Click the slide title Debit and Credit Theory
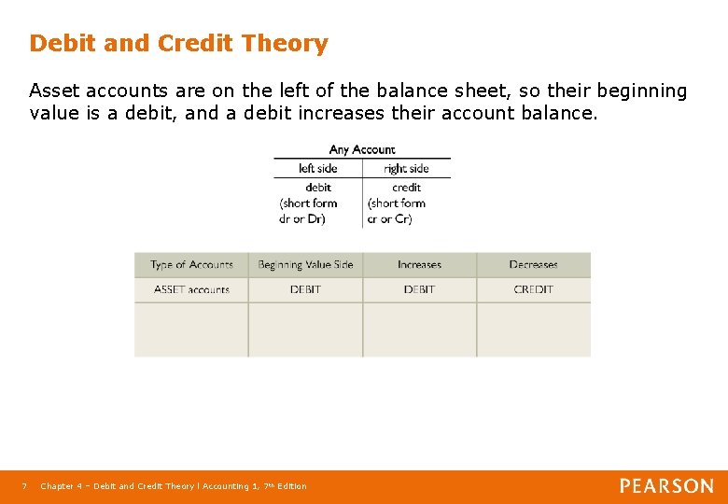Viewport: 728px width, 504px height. (178, 44)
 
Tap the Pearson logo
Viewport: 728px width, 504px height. (666, 486)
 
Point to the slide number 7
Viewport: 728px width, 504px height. (25, 486)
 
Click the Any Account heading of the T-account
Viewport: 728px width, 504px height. (362, 149)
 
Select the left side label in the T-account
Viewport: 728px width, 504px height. (317, 169)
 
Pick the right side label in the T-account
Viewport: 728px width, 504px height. (406, 169)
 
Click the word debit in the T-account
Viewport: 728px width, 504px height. (318, 188)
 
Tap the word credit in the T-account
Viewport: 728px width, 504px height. (406, 188)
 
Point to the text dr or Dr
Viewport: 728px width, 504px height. (306, 219)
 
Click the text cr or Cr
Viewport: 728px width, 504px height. (389, 219)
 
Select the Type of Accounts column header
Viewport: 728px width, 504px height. (191, 265)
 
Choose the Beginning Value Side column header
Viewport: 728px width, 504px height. (305, 265)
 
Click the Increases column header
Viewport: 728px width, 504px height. (419, 265)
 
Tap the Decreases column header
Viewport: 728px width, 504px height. (533, 265)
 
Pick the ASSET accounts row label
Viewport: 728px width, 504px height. (191, 290)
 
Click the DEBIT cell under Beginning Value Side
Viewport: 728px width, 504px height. (305, 290)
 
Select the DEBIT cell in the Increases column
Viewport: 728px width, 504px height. (419, 290)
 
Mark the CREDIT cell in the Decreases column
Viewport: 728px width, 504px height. (533, 290)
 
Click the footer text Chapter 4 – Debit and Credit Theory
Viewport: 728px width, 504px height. (118, 486)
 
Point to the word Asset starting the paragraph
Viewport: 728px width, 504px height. (52, 91)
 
